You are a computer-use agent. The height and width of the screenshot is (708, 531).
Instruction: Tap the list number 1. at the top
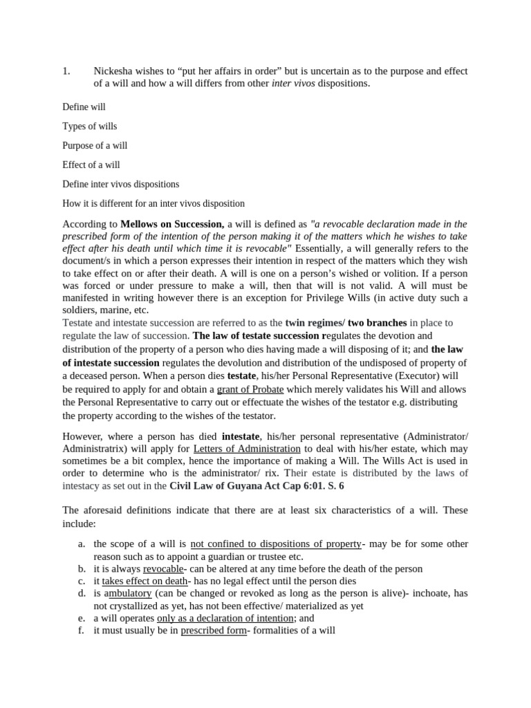[x=66, y=71]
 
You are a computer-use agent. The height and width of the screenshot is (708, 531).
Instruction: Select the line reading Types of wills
[x=90, y=127]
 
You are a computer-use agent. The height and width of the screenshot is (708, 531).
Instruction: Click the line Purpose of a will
[x=95, y=146]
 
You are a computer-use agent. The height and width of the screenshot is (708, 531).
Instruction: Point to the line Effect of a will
[x=91, y=165]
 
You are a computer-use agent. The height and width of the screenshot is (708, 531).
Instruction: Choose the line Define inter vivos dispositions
[x=120, y=185]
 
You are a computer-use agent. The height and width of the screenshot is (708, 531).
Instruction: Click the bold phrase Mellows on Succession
[x=172, y=224]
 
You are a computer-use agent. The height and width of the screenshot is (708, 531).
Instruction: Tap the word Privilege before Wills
[x=371, y=298]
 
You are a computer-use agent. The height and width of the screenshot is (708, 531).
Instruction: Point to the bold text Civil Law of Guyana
[x=218, y=486]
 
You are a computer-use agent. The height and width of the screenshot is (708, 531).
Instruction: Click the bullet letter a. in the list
[x=82, y=544]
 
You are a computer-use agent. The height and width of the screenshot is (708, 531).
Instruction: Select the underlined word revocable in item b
[x=163, y=569]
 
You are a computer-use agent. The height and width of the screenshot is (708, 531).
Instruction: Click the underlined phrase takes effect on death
[x=145, y=581]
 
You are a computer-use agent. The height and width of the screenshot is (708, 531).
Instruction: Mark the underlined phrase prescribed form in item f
[x=214, y=631]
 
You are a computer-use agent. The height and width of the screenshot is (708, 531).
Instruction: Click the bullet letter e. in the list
[x=82, y=619]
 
